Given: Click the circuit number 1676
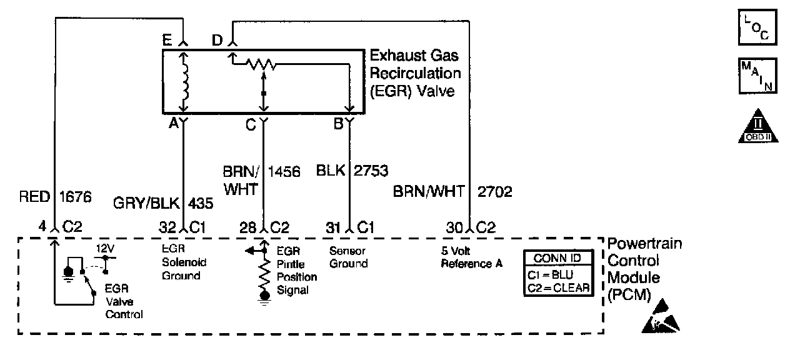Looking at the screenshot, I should click(x=76, y=197).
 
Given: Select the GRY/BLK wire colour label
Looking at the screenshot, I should click(x=144, y=204).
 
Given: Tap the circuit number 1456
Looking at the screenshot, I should click(x=284, y=171).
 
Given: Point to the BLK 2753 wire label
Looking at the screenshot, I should click(x=352, y=171).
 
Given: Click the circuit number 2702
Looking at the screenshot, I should click(x=494, y=192).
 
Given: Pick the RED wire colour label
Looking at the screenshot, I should click(x=35, y=197).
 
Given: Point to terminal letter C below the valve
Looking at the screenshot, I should click(x=251, y=124).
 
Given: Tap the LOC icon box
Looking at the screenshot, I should click(x=757, y=28).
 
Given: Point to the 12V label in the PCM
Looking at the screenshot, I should click(x=104, y=248).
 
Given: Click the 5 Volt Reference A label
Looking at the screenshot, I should click(x=471, y=257).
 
